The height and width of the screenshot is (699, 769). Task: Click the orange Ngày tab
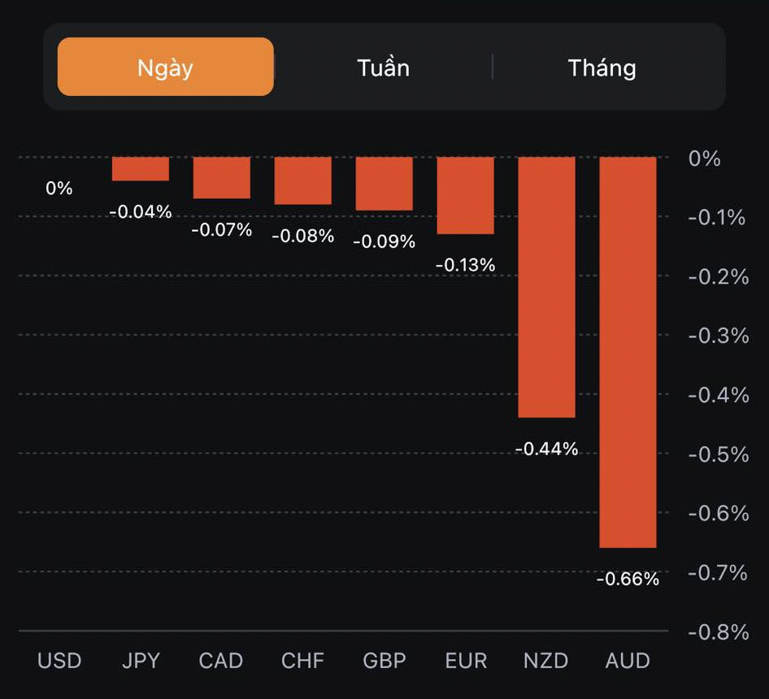coord(165,67)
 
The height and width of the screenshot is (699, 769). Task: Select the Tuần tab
coord(383,67)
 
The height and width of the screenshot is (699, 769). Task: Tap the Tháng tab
coord(602,67)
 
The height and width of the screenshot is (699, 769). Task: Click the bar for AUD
coord(628,352)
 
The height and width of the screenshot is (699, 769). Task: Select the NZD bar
coord(546,287)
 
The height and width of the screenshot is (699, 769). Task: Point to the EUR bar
coord(465,195)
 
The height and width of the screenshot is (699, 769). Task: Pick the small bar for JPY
coord(141,169)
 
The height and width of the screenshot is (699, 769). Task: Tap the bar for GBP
coord(384,184)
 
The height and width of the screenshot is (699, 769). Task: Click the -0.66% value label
coord(628,580)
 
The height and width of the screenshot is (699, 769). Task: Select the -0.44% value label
coord(546,449)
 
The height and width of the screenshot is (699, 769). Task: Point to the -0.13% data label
coord(465,265)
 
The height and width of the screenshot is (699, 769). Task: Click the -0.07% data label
coord(221,230)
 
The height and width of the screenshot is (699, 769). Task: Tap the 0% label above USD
coord(59,189)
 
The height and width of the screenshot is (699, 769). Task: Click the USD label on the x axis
coord(59,660)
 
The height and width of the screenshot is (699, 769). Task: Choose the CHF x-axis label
coord(303,660)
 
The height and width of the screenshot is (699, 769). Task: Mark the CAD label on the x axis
coord(221,660)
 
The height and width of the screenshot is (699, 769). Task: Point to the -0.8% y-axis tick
coord(718,632)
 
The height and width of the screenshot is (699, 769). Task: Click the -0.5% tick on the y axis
coord(718,454)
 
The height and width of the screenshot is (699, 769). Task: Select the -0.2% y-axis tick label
coord(718,276)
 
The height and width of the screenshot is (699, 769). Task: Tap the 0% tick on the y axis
coord(705,158)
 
